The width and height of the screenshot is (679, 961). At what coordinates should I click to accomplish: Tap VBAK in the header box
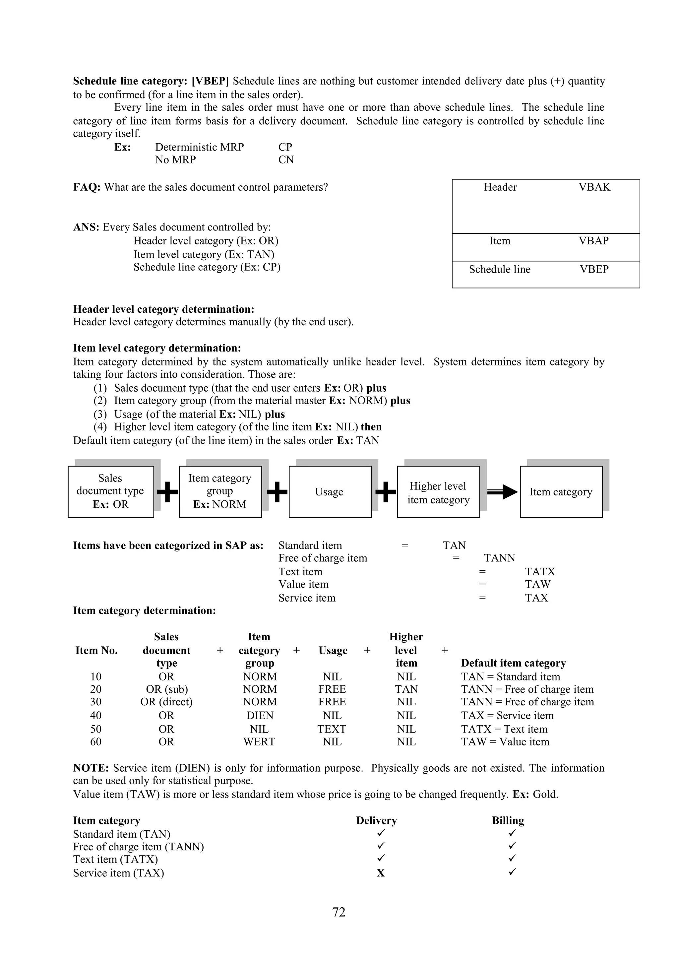point(594,187)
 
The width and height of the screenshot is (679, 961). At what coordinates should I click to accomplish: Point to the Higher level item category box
point(438,492)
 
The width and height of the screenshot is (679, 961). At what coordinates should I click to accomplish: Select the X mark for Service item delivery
point(380,873)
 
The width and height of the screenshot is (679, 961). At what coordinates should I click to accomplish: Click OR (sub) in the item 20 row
point(166,689)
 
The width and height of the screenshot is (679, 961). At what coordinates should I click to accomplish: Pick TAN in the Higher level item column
point(406,689)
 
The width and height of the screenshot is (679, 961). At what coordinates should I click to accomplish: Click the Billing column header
point(508,820)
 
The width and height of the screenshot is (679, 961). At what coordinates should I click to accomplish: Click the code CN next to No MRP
point(286,160)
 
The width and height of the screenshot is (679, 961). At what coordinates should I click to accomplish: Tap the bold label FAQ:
point(87,187)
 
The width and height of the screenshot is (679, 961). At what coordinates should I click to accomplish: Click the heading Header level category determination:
point(163,309)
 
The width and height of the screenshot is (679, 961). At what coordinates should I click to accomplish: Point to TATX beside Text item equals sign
point(540,571)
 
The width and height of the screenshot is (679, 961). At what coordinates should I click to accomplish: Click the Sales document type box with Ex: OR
point(110,491)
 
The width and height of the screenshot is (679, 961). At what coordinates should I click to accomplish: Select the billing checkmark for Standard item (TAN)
point(513,833)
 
